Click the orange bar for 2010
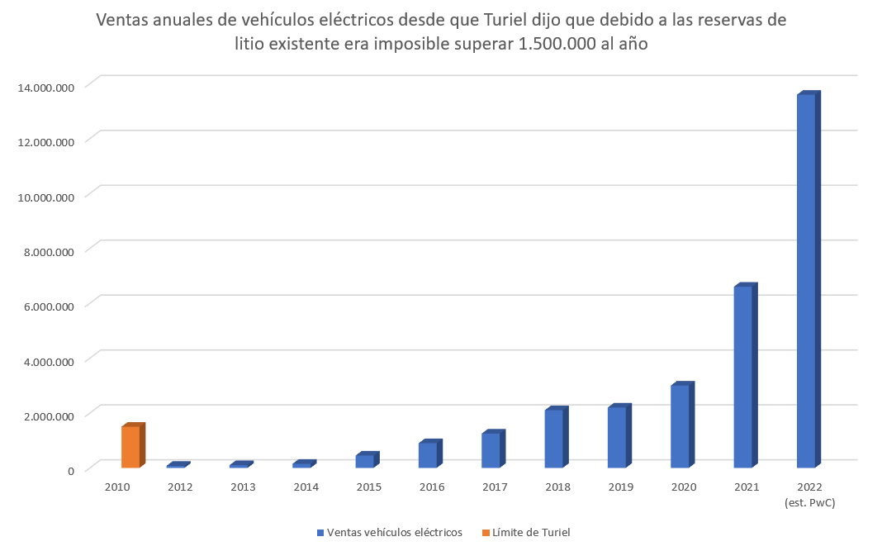coord(130,447)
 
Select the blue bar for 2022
coord(806,281)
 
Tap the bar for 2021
coord(742,377)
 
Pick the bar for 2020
coord(680,426)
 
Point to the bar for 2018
coord(553,439)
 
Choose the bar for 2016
coord(428,455)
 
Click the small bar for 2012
coord(176,466)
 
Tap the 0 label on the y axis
coord(71,470)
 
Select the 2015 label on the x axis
coord(369,487)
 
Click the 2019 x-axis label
coord(620,487)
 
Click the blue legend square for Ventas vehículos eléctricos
coord(320,533)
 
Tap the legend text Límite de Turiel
coord(531,533)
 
